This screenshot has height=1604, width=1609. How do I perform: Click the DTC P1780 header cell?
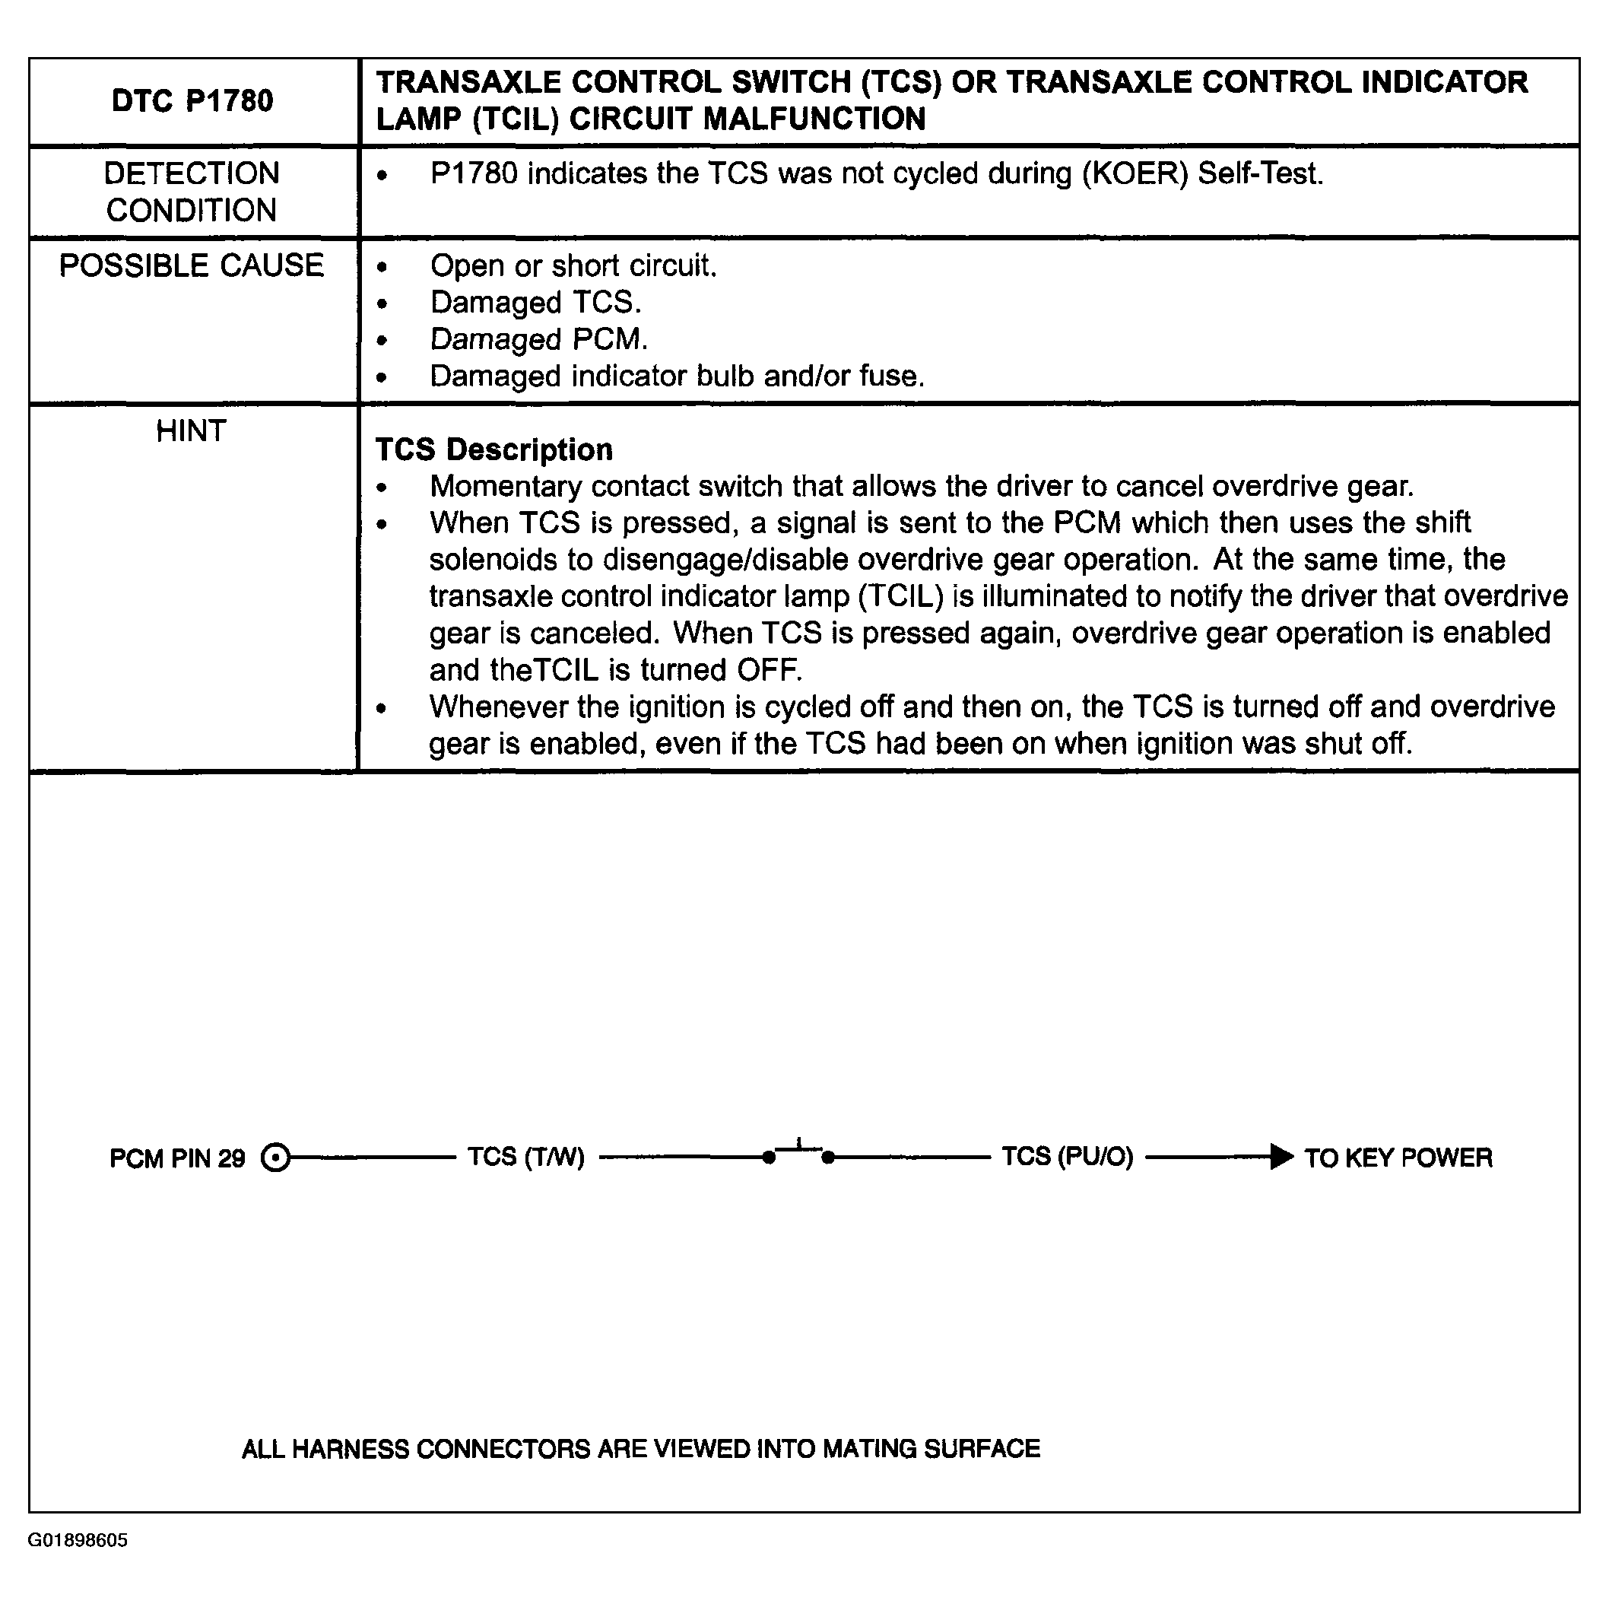pyautogui.click(x=192, y=100)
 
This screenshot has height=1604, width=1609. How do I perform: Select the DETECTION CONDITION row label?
pyautogui.click(x=192, y=192)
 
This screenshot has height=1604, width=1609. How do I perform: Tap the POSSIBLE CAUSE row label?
pyautogui.click(x=192, y=265)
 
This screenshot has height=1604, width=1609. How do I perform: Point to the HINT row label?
pyautogui.click(x=192, y=431)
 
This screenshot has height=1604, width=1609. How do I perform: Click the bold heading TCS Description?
pyautogui.click(x=493, y=449)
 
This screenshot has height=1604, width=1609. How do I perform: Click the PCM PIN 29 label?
pyautogui.click(x=177, y=1158)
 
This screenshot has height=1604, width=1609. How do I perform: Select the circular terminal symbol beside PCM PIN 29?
pyautogui.click(x=276, y=1158)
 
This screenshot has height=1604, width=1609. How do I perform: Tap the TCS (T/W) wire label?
pyautogui.click(x=525, y=1157)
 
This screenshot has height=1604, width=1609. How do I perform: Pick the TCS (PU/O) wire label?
pyautogui.click(x=1067, y=1157)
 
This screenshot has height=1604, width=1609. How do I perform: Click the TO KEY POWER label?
pyautogui.click(x=1398, y=1158)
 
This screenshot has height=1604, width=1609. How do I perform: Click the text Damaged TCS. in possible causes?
pyautogui.click(x=535, y=302)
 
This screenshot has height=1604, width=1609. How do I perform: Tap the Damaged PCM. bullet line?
pyautogui.click(x=539, y=340)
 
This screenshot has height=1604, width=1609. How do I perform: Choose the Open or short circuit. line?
pyautogui.click(x=573, y=265)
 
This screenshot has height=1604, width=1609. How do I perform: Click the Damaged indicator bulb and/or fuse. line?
pyautogui.click(x=677, y=376)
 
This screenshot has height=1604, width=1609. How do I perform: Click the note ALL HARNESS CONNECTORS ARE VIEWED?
pyautogui.click(x=640, y=1449)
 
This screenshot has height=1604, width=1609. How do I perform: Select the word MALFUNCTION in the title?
pyautogui.click(x=814, y=119)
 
